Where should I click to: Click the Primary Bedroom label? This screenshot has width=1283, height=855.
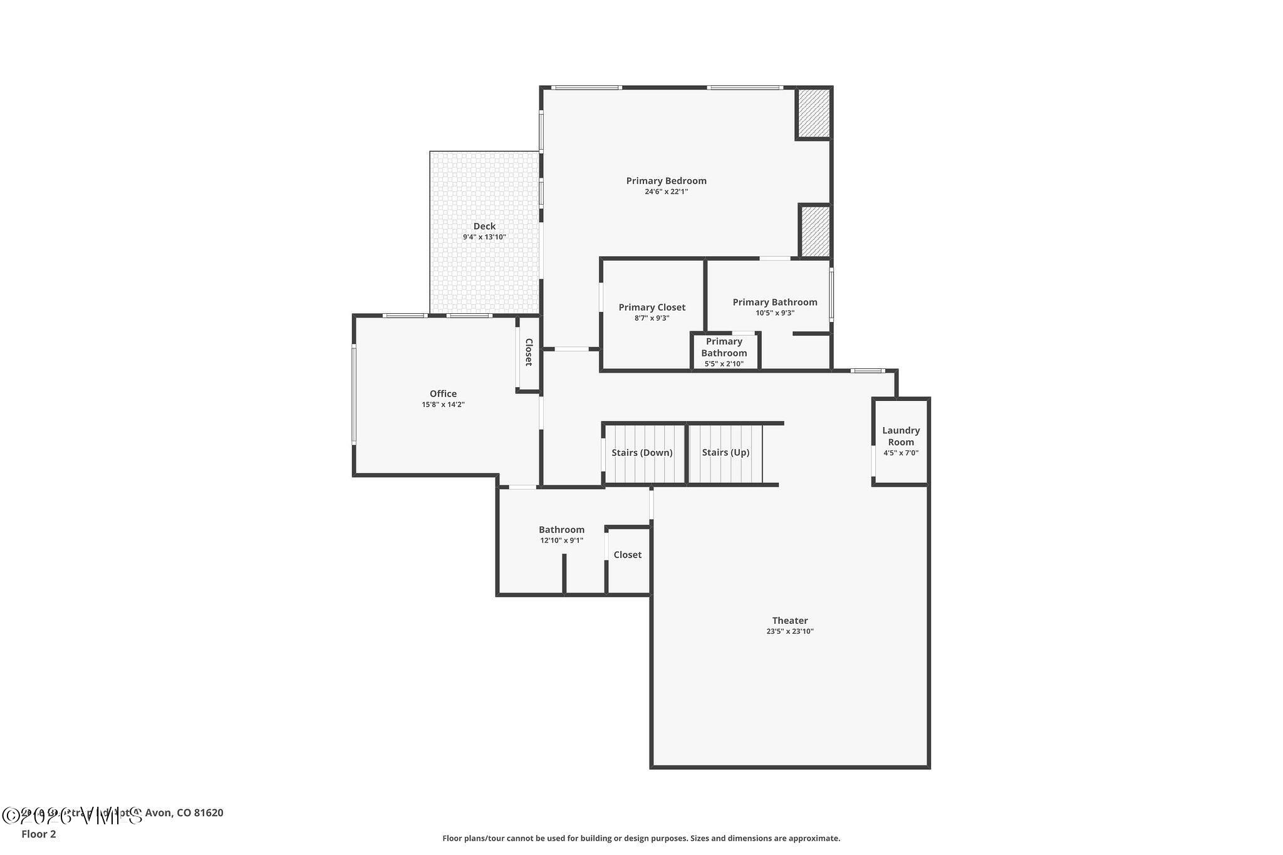[x=666, y=181]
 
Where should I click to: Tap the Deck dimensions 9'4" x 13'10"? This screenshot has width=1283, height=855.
[x=484, y=237]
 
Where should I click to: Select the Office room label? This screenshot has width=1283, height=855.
[x=443, y=394]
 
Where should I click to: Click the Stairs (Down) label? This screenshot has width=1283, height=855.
[x=641, y=453]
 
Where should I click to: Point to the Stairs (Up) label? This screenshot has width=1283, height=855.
[x=725, y=453]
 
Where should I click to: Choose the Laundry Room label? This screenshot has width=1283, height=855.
[x=901, y=436]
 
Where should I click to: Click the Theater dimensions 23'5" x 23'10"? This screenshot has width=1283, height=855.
[x=789, y=631]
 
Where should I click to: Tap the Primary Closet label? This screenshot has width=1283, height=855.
[x=652, y=308]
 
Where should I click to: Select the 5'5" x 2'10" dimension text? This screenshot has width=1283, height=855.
[x=724, y=364]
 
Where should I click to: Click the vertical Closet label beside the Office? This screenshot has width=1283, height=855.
[x=528, y=352]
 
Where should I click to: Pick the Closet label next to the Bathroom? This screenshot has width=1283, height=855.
[x=627, y=555]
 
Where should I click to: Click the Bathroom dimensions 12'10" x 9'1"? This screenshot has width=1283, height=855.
[x=561, y=541]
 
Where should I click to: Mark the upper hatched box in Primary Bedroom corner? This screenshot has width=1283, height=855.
[x=813, y=113]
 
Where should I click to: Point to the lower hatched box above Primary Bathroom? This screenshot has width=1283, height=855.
[x=815, y=231]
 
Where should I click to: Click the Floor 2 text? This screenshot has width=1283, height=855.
[x=39, y=834]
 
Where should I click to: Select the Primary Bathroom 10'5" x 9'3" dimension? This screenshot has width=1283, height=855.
[x=775, y=313]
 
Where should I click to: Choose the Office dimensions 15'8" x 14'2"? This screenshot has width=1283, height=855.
[x=443, y=405]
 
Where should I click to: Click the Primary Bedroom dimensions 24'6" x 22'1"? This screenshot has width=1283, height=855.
[x=666, y=192]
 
